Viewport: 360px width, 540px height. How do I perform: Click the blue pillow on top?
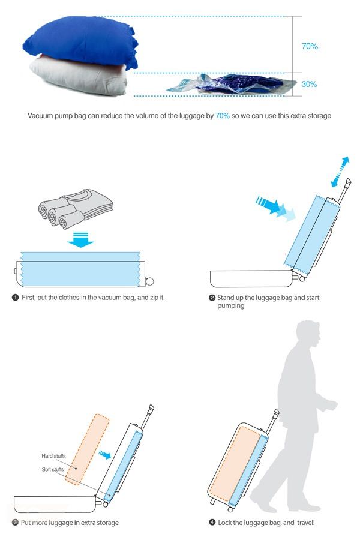(81, 41)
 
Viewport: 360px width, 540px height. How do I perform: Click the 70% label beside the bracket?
(310, 46)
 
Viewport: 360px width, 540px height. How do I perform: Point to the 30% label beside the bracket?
(309, 84)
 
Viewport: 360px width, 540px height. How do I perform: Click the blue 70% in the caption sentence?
(222, 116)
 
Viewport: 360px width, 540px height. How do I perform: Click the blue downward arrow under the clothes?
(80, 239)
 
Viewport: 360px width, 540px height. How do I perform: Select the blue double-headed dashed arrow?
(340, 172)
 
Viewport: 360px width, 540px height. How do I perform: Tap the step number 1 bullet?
(15, 298)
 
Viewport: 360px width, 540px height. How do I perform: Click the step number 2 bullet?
(212, 298)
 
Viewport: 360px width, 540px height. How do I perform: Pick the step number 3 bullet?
(15, 523)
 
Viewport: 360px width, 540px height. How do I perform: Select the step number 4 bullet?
(212, 523)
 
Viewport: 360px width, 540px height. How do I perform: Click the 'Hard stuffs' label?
(53, 456)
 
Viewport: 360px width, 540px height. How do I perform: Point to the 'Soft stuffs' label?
(53, 469)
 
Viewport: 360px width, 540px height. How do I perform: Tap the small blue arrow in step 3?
(105, 455)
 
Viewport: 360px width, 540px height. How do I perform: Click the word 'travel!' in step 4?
(306, 523)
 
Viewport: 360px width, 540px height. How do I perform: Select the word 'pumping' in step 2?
(230, 306)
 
